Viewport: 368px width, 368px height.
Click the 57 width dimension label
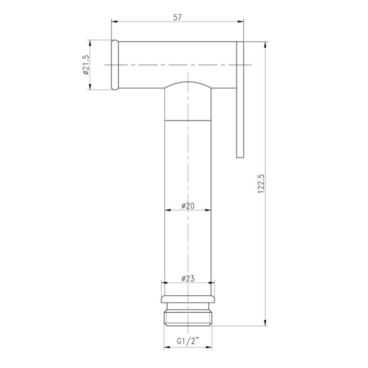[178, 17]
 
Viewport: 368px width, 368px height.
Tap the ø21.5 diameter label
[86, 65]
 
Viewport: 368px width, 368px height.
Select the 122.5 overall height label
[261, 184]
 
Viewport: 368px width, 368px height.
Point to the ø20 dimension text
[188, 206]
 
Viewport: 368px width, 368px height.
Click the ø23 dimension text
[188, 279]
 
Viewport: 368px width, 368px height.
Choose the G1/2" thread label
[188, 341]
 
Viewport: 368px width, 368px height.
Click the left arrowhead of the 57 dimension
[114, 22]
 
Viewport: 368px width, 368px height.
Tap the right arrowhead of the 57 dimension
[241, 22]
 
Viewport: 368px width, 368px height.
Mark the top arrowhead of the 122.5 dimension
[265, 45]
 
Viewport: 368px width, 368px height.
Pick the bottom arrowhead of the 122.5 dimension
[265, 322]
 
